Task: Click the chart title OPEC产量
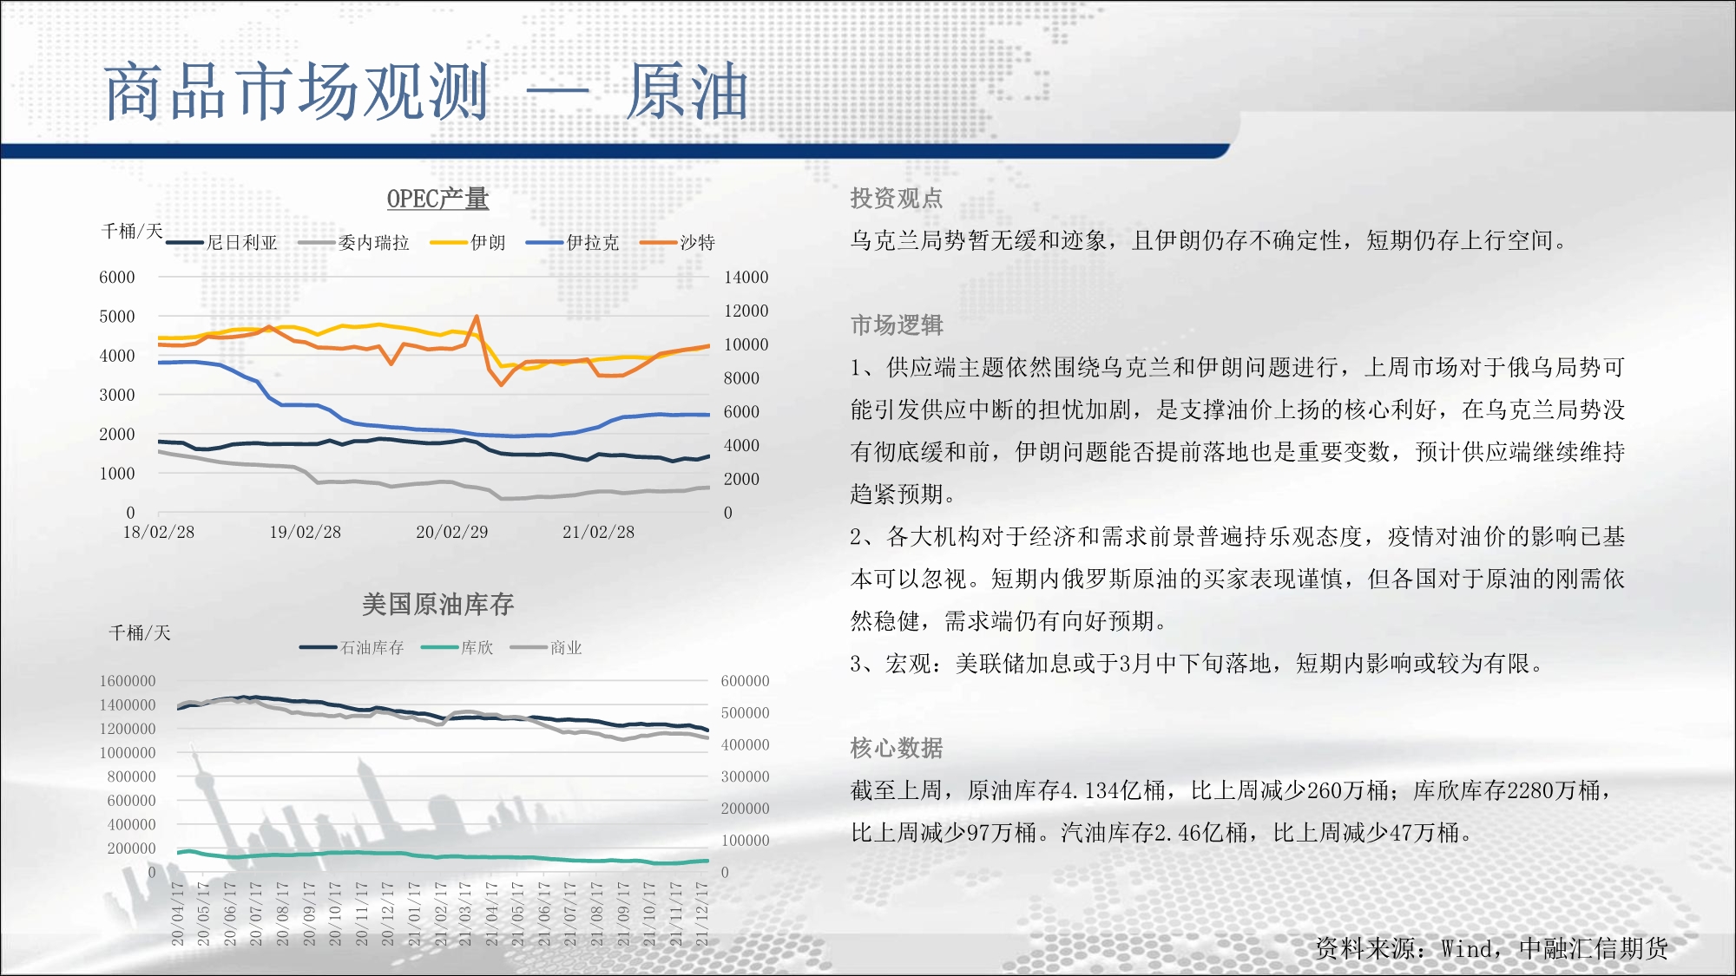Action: [437, 199]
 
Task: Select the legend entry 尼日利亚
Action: [222, 243]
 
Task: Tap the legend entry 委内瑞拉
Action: [354, 243]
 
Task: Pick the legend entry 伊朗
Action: [468, 243]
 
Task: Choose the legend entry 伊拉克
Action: [573, 243]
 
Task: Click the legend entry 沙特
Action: [678, 243]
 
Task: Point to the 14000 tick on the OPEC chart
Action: [746, 278]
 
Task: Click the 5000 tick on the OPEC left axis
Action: [117, 317]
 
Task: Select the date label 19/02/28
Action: [306, 532]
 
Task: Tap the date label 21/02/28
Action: [599, 532]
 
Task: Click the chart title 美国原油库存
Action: [437, 604]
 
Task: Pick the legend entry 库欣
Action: [457, 647]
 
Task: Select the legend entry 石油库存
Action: [352, 647]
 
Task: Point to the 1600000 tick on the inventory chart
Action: [128, 681]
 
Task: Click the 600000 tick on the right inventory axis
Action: [745, 681]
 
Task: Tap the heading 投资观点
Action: [897, 199]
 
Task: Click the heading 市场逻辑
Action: [897, 325]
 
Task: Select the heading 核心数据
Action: [897, 748]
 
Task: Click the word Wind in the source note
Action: [1467, 949]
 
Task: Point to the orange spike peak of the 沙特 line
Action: [477, 317]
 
